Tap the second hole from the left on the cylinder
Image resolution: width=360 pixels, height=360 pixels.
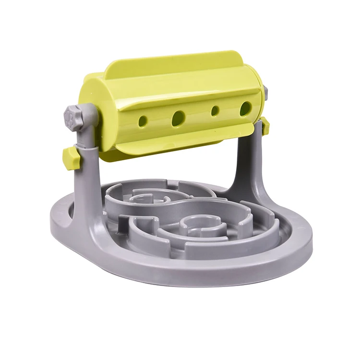[178, 117]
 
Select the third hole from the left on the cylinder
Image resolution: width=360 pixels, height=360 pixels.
[215, 111]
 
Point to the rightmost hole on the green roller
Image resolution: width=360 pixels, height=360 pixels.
[245, 108]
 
